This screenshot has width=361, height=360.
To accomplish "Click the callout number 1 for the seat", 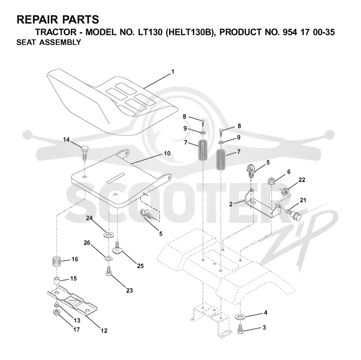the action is (x=173, y=72).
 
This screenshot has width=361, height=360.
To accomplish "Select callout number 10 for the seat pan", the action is (x=167, y=153).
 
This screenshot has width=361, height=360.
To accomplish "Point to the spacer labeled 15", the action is (x=57, y=281).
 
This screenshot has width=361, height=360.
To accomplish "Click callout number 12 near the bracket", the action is (x=104, y=331).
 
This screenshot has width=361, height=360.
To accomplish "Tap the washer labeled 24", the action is (x=107, y=235).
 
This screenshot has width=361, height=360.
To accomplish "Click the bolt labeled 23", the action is (x=109, y=271).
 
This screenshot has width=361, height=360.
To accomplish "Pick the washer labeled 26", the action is (x=108, y=258).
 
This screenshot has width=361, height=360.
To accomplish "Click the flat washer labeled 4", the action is (x=240, y=317).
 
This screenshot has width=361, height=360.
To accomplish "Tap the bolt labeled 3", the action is (x=241, y=329).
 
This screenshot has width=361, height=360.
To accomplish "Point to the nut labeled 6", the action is (x=272, y=181).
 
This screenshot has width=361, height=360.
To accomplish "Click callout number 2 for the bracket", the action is (x=231, y=204).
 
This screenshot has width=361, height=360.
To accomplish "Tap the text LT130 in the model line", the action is (x=150, y=32).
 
